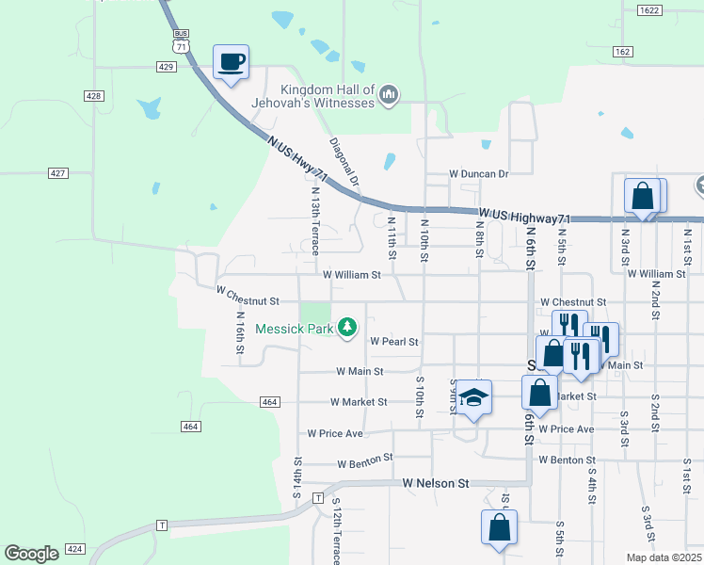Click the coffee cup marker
231,63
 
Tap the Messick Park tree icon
348,327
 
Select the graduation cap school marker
475,398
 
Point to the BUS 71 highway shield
181,40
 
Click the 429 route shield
165,66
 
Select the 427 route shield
58,172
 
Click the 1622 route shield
648,10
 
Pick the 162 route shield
622,51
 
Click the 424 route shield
76,548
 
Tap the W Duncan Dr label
478,174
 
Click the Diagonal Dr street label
344,162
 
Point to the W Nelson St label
436,483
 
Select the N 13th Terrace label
316,220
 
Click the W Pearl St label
393,341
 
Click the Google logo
31,554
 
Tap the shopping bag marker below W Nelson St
498,528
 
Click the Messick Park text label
295,330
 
